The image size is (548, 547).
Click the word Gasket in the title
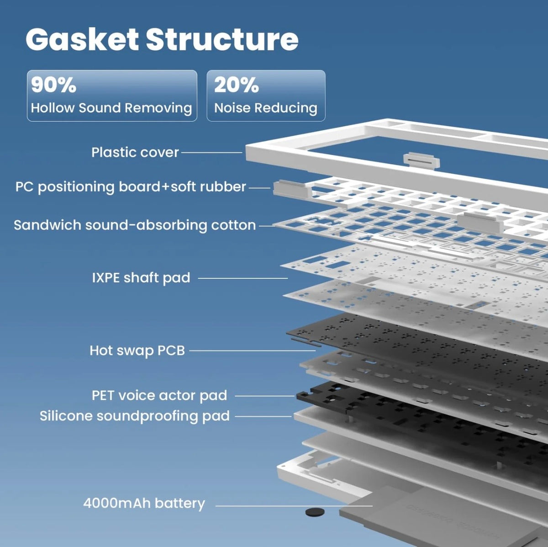tap(82, 40)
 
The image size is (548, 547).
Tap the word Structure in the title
tap(222, 40)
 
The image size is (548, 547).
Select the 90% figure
tap(54, 85)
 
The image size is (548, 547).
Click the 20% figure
tap(236, 85)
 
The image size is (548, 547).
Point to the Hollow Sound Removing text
tap(111, 108)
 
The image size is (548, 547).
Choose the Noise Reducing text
tap(266, 108)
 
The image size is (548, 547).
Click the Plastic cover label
tap(135, 152)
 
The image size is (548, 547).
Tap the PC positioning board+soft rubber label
tap(131, 187)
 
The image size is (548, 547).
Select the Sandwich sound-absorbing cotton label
tap(135, 225)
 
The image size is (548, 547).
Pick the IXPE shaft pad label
tap(141, 278)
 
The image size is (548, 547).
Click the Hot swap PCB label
tap(137, 351)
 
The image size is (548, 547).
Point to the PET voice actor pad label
tap(159, 395)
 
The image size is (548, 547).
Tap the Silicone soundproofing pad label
tap(135, 416)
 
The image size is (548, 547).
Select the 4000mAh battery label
tap(144, 503)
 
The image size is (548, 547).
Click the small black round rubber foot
tap(315, 512)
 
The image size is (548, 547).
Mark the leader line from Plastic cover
tap(211, 152)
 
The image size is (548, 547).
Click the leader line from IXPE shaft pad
tap(243, 278)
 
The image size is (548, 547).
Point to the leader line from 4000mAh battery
tap(294, 506)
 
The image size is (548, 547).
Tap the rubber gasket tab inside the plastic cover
tap(422, 161)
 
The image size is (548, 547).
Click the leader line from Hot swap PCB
tap(253, 351)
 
